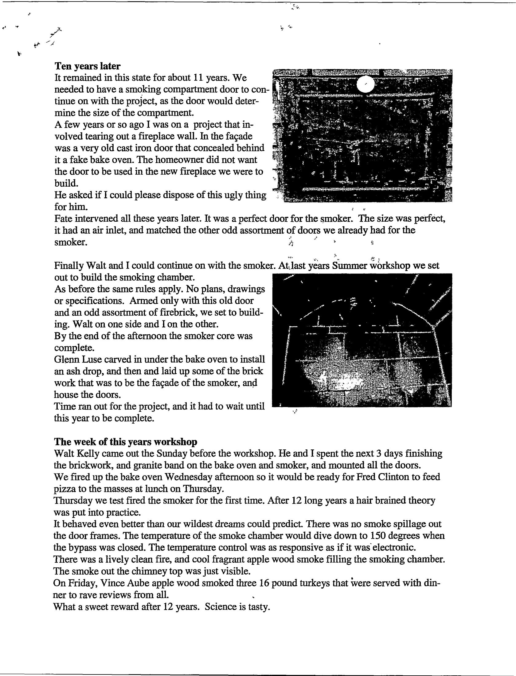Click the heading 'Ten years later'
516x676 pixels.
click(x=88, y=66)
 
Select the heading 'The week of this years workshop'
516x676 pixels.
click(x=126, y=442)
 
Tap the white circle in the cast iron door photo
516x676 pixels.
click(x=365, y=84)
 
